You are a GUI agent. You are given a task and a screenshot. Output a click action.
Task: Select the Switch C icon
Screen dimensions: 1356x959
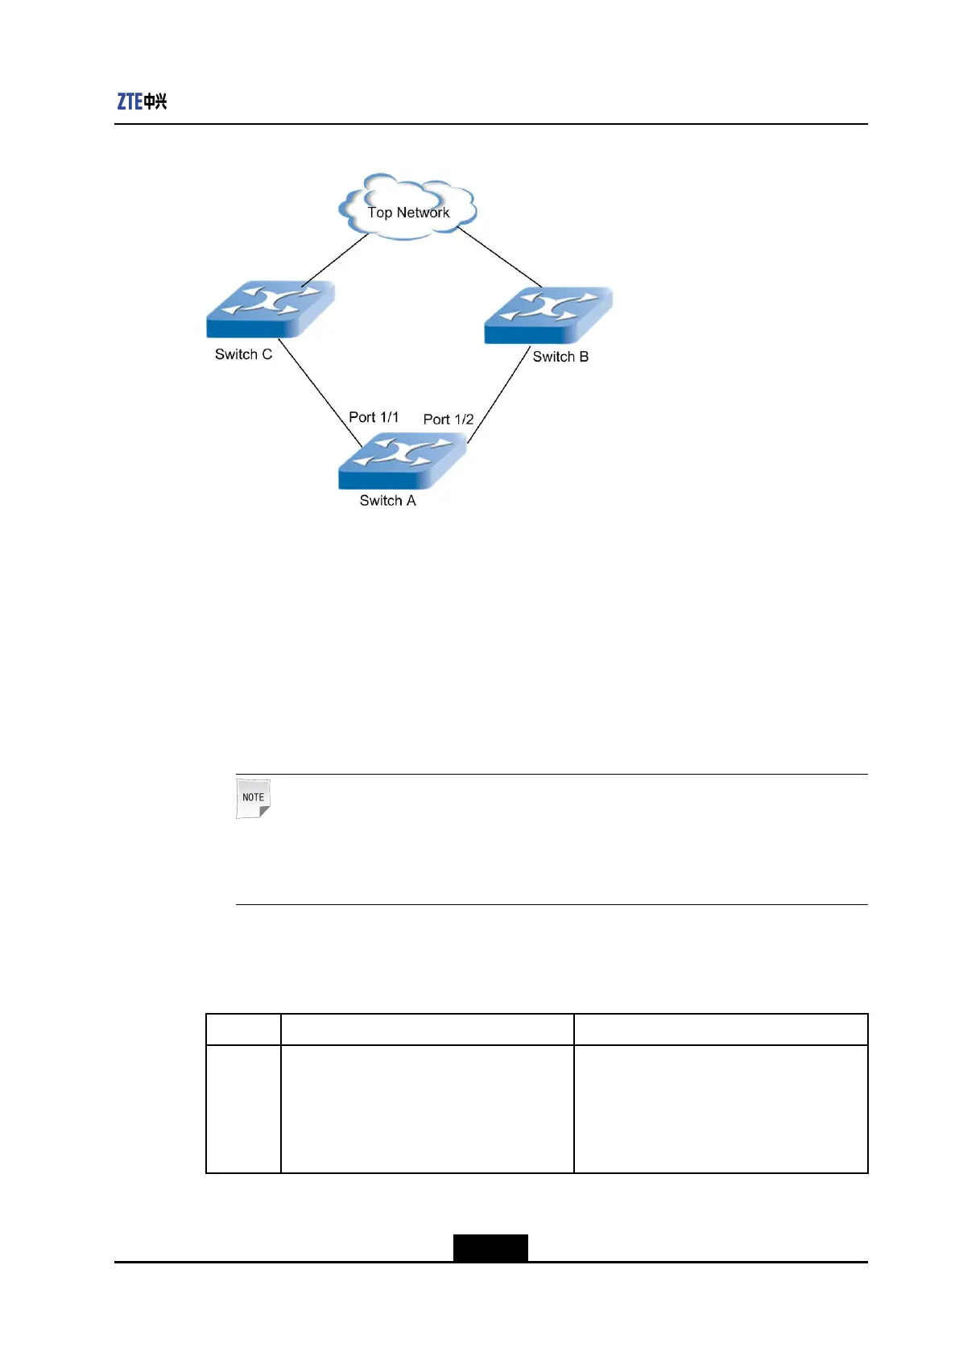[271, 309]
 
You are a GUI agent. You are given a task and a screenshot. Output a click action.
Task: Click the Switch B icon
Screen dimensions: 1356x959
[548, 315]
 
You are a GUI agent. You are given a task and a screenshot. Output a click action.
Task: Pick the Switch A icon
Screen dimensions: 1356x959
[402, 461]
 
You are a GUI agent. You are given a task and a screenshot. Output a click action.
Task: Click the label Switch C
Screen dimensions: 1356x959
[243, 354]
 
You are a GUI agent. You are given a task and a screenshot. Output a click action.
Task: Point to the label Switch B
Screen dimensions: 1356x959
[560, 357]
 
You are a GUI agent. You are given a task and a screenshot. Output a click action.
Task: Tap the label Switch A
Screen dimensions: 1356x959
[387, 501]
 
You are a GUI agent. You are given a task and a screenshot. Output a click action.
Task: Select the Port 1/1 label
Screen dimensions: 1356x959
[374, 417]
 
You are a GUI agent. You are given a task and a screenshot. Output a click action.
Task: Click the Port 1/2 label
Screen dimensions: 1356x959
[448, 420]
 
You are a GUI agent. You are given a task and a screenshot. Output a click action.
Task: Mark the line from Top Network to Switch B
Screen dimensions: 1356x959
[499, 258]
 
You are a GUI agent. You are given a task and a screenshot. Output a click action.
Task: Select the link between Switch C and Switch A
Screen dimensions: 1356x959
[320, 391]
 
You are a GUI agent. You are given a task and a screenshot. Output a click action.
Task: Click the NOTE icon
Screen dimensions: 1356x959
[253, 798]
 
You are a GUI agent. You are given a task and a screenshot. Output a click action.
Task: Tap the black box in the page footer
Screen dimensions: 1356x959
[490, 1247]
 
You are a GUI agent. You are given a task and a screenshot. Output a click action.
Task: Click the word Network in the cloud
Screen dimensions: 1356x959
[423, 213]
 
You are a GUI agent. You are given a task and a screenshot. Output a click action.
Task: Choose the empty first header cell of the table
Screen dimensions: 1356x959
[243, 1029]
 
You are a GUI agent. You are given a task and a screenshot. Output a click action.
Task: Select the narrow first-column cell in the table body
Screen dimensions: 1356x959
[243, 1109]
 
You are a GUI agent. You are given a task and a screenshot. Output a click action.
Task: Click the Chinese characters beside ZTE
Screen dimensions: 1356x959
[155, 101]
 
